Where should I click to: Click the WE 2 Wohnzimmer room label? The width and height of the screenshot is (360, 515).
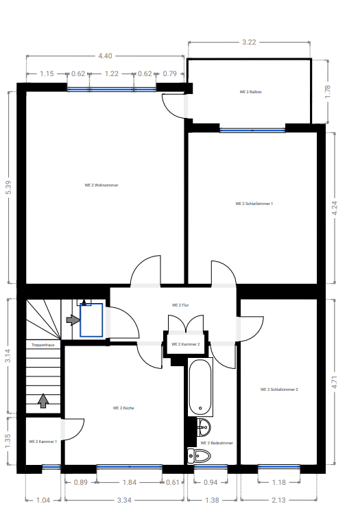pyautogui.click(x=101, y=185)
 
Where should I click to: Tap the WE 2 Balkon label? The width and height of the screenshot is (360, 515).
pyautogui.click(x=250, y=92)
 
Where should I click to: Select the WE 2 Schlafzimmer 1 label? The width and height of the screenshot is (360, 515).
pyautogui.click(x=254, y=204)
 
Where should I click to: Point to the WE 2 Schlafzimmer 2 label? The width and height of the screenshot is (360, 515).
pyautogui.click(x=279, y=390)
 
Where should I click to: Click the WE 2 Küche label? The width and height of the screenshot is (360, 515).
pyautogui.click(x=123, y=408)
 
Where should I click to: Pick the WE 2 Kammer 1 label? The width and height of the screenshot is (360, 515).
pyautogui.click(x=43, y=442)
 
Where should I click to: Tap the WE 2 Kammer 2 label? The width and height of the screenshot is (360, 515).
pyautogui.click(x=186, y=344)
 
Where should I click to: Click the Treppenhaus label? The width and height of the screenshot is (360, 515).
pyautogui.click(x=43, y=345)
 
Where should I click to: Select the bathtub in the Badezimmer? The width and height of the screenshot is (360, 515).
pyautogui.click(x=200, y=387)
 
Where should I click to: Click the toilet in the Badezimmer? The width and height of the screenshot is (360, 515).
pyautogui.click(x=199, y=456)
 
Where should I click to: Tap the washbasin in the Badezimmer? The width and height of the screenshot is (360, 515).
pyautogui.click(x=204, y=428)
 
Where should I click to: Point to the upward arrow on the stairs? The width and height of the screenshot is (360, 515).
pyautogui.click(x=43, y=400)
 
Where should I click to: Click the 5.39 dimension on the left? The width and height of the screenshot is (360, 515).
pyautogui.click(x=8, y=187)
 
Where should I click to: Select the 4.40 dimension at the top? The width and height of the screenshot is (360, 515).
pyautogui.click(x=105, y=56)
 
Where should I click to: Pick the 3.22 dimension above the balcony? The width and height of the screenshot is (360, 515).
pyautogui.click(x=249, y=42)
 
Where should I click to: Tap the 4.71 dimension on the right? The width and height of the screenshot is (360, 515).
pyautogui.click(x=335, y=383)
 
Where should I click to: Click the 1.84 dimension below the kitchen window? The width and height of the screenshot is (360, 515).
pyautogui.click(x=130, y=482)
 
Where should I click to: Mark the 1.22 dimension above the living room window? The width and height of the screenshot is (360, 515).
pyautogui.click(x=111, y=73)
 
